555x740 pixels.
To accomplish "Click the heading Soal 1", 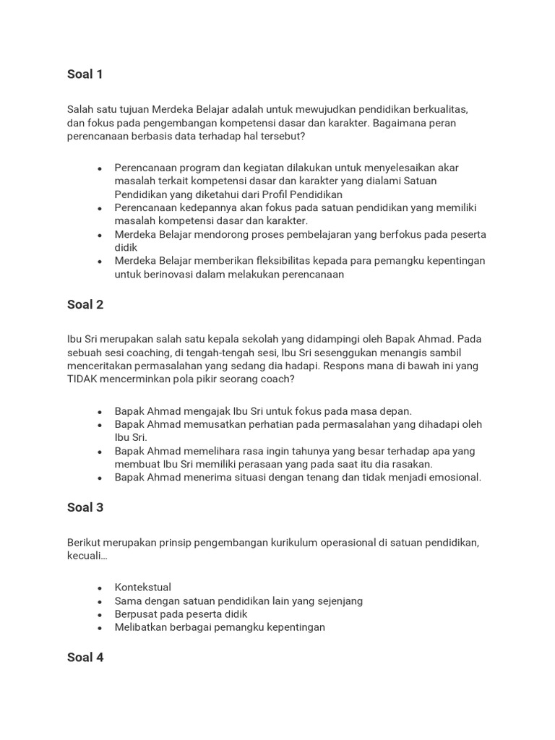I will (x=85, y=74).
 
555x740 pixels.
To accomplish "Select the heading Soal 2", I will (x=85, y=304).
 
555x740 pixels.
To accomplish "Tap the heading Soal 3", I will (x=85, y=507).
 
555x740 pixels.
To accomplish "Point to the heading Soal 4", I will (x=85, y=658).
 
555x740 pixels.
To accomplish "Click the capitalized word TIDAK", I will (x=83, y=379).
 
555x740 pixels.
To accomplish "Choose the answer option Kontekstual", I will (x=143, y=588).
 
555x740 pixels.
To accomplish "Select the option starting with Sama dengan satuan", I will (x=238, y=601).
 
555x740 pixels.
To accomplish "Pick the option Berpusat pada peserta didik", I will (x=181, y=614).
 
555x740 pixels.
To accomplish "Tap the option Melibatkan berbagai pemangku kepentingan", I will (x=220, y=627).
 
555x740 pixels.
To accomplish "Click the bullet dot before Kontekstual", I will (x=99, y=588).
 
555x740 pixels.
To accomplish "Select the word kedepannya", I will (x=209, y=207).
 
